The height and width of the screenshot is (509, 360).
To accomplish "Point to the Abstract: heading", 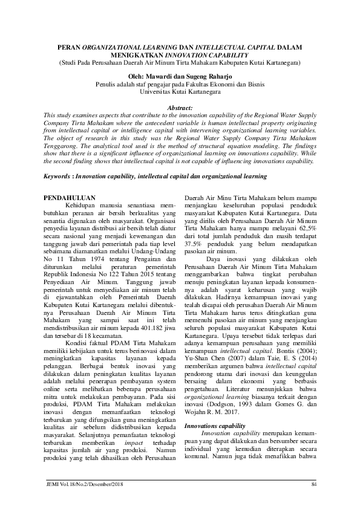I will tap(180, 107).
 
